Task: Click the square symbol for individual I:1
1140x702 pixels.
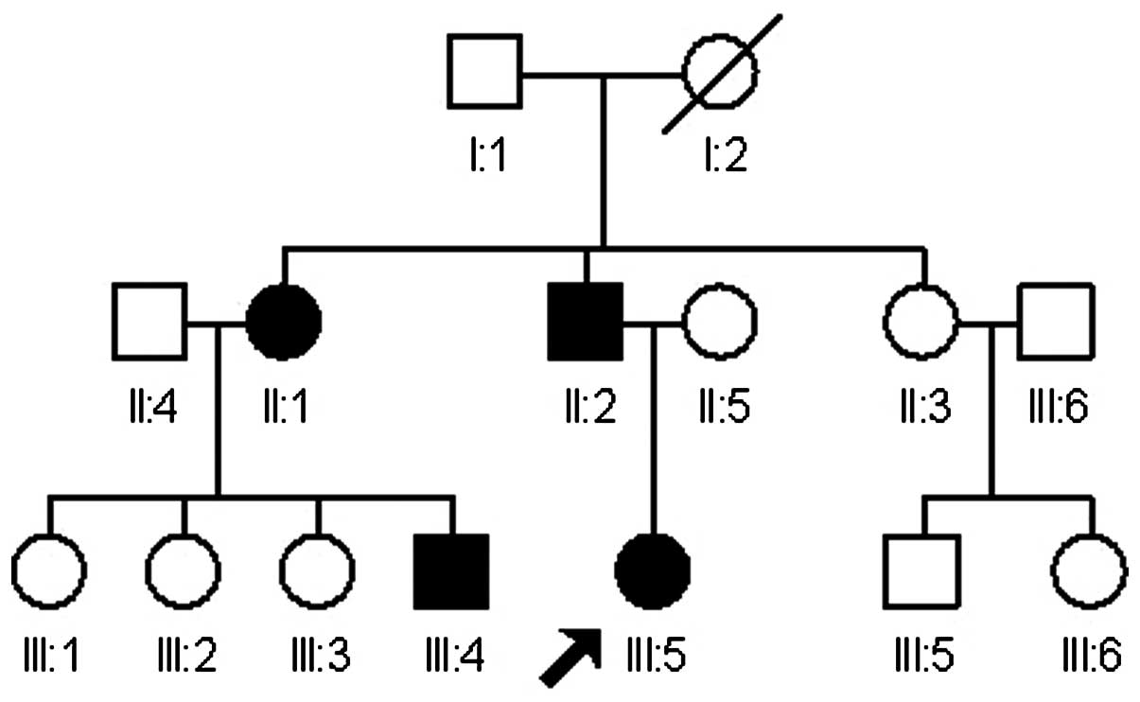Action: pyautogui.click(x=483, y=70)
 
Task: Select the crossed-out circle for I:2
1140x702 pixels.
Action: pyautogui.click(x=721, y=70)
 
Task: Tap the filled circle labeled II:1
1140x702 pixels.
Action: pyautogui.click(x=283, y=321)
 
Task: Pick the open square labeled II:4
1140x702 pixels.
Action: pyautogui.click(x=149, y=322)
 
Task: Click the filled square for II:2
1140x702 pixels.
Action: pyautogui.click(x=586, y=322)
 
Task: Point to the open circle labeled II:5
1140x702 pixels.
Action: pyautogui.click(x=720, y=322)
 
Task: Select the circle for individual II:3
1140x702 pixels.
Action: pyautogui.click(x=921, y=322)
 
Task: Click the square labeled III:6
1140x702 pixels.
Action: pyautogui.click(x=1055, y=322)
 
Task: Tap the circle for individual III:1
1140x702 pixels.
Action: pyautogui.click(x=49, y=571)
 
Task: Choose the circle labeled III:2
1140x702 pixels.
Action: pyautogui.click(x=184, y=571)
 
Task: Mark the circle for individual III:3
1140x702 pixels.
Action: pyautogui.click(x=317, y=571)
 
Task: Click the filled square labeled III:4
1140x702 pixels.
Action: pyautogui.click(x=451, y=571)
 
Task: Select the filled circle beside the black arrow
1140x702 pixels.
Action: pyautogui.click(x=653, y=571)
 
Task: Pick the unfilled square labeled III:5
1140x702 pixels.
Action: pyautogui.click(x=921, y=571)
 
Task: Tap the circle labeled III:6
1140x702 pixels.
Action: pyautogui.click(x=1090, y=571)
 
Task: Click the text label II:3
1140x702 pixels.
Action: pyautogui.click(x=921, y=408)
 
